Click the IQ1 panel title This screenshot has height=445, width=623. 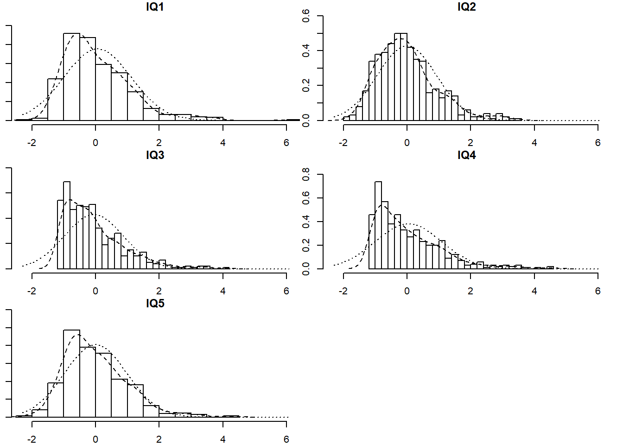coord(155,7)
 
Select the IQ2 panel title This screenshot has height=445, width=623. coord(466,7)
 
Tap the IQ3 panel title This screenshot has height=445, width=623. coord(155,155)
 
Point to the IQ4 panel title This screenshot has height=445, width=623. coord(466,155)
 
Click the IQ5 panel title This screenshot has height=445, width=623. coord(155,304)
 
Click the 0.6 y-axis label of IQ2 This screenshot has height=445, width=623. coord(306,16)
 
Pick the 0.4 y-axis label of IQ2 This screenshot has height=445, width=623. coord(306,51)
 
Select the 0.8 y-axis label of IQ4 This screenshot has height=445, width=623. coord(306,175)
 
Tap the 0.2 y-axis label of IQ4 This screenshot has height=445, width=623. coord(306,245)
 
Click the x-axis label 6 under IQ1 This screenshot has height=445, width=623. coord(286,143)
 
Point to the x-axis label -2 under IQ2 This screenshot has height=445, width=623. coord(343,143)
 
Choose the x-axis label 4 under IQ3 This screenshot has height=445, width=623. coord(222,291)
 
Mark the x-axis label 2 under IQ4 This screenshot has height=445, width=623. coord(470,291)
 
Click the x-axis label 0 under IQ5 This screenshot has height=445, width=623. coord(95,439)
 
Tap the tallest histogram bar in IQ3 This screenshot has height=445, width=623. coord(67,225)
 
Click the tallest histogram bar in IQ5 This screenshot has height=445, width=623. coord(72,373)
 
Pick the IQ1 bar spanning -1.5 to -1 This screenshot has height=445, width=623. coord(56,100)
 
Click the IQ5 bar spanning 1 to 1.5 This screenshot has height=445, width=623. coord(135,401)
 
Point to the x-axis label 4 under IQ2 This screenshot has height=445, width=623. coord(534,143)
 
